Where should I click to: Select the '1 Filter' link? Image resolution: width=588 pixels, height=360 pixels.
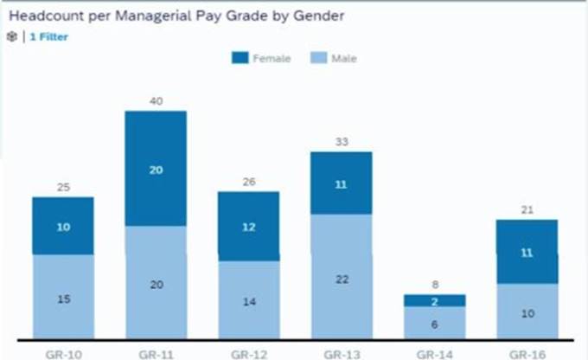point(48,36)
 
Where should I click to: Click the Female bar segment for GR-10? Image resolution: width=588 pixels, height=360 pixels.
point(63,226)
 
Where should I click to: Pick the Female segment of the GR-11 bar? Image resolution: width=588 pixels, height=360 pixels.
point(156,169)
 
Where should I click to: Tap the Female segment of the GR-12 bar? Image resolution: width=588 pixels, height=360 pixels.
point(248,226)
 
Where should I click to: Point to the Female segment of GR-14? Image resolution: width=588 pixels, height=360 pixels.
point(434,300)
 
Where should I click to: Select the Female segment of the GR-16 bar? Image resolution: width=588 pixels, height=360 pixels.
point(527,251)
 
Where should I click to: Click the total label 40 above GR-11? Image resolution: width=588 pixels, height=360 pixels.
point(156,101)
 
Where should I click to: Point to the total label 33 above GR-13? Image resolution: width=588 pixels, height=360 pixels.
point(341,142)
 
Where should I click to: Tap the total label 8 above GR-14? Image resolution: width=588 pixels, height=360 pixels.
point(434,285)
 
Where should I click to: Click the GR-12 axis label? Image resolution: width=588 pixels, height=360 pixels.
point(248,353)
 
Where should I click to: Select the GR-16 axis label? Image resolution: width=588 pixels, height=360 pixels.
point(527,353)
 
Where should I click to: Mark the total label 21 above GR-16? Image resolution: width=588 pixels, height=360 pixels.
point(527,210)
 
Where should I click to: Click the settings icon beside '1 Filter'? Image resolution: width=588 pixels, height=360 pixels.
point(12,36)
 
